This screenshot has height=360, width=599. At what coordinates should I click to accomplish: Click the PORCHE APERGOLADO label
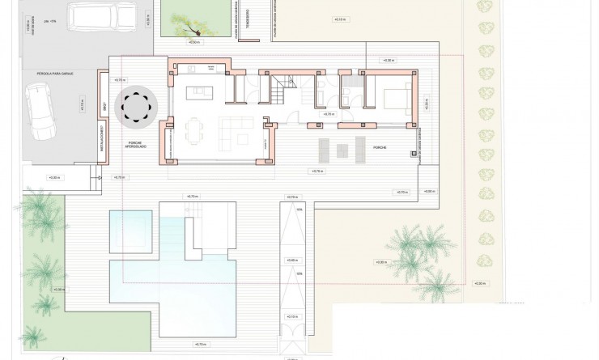[134, 143]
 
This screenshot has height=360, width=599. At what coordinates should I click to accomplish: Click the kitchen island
[201, 92]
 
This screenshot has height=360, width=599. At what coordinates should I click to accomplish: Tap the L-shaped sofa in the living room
[240, 127]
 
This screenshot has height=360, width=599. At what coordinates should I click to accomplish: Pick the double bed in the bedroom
[396, 99]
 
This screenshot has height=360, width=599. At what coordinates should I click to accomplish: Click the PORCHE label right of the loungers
[380, 148]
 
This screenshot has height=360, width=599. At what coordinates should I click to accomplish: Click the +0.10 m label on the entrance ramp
[291, 318]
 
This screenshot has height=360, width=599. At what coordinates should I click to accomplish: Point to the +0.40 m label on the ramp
[291, 260]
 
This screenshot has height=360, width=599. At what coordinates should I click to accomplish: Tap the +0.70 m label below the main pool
[200, 345]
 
